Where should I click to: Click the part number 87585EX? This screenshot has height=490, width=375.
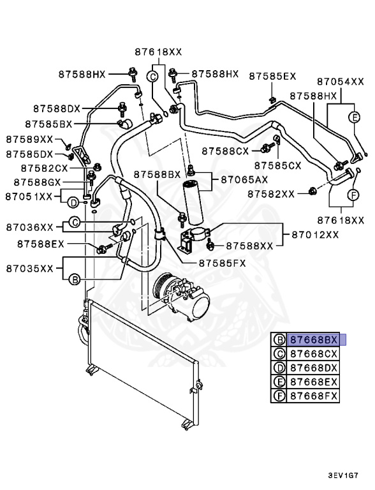click(272, 76)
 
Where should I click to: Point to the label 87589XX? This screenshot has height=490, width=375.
click(29, 138)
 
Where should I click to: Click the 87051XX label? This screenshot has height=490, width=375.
click(29, 197)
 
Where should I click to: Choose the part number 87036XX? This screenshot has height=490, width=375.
click(30, 226)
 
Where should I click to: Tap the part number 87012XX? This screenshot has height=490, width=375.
click(316, 235)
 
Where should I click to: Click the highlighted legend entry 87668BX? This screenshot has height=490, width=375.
click(314, 339)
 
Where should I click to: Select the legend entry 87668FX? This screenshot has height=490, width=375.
click(314, 396)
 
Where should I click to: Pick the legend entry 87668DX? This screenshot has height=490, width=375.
click(314, 367)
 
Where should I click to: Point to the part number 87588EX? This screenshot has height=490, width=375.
click(41, 244)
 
